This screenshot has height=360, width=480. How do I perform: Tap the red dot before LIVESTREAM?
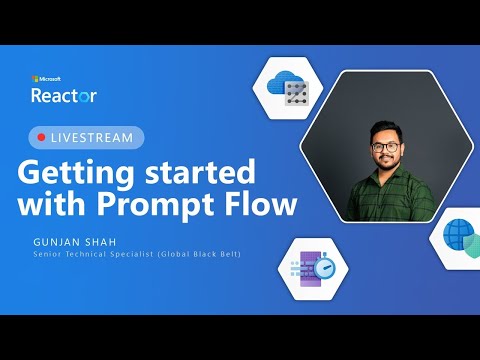(x=41, y=137)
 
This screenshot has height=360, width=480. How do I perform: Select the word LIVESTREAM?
(x=92, y=137)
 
